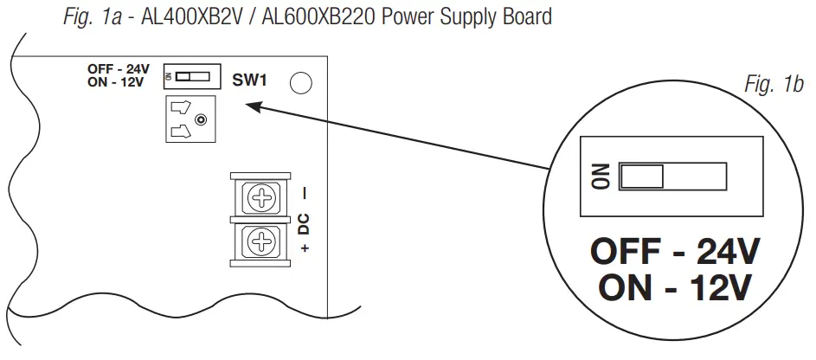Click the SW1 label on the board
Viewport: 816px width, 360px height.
coord(250,80)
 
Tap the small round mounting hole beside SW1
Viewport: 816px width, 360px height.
coord(301,83)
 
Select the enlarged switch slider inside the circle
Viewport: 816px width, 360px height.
coord(642,177)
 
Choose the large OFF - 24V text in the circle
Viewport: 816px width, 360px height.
coord(674,254)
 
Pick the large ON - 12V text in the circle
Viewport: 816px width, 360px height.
coord(674,287)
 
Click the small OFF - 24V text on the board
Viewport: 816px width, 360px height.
coord(118,69)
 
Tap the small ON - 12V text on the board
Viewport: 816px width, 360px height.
coord(117,83)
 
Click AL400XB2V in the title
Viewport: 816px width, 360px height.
coord(181,16)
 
